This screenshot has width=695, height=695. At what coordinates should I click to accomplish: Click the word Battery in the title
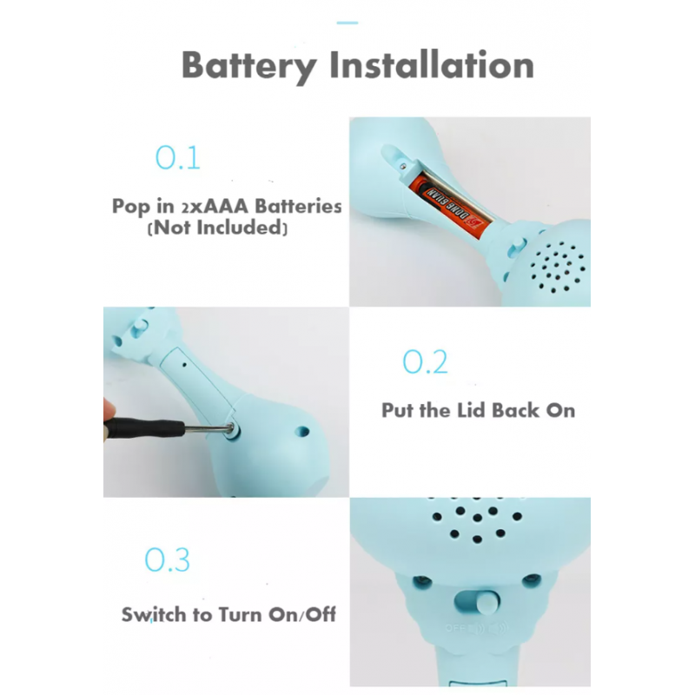tap(249, 66)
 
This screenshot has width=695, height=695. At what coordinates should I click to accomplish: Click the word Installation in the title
tap(432, 64)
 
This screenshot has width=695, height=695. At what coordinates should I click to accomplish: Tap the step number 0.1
tap(178, 158)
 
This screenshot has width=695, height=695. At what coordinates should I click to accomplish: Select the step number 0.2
tap(425, 361)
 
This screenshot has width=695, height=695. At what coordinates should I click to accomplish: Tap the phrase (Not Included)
tap(218, 228)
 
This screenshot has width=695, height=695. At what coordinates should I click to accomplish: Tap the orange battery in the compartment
tap(452, 205)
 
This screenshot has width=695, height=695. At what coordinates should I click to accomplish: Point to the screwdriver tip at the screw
tap(229, 428)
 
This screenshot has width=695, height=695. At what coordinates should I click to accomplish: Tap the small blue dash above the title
tap(347, 23)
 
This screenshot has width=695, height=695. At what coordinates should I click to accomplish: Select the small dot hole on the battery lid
tap(184, 365)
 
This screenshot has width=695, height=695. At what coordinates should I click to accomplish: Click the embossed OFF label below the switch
tap(454, 628)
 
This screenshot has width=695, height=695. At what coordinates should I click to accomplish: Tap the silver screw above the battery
tap(402, 167)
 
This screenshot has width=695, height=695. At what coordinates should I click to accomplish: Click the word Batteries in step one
tap(298, 206)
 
